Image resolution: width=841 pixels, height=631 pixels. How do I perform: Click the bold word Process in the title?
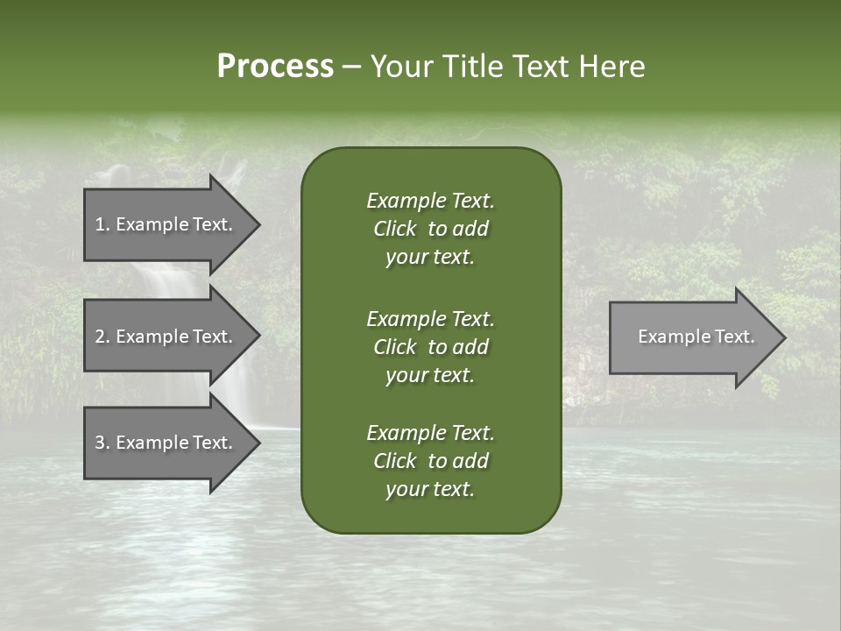[275, 67]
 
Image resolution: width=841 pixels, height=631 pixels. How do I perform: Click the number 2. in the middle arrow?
[102, 337]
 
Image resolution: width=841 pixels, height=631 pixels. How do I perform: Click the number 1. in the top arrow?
[102, 224]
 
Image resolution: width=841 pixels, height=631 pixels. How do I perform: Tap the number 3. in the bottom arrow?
[102, 443]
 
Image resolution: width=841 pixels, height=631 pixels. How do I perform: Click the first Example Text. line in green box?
[430, 201]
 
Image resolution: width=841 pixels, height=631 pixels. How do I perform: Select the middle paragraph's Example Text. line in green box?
[430, 318]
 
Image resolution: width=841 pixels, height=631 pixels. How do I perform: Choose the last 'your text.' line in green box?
[430, 490]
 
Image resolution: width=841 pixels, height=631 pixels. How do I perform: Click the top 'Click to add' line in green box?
[430, 229]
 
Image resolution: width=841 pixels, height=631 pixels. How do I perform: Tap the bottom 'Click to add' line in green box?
[430, 461]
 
